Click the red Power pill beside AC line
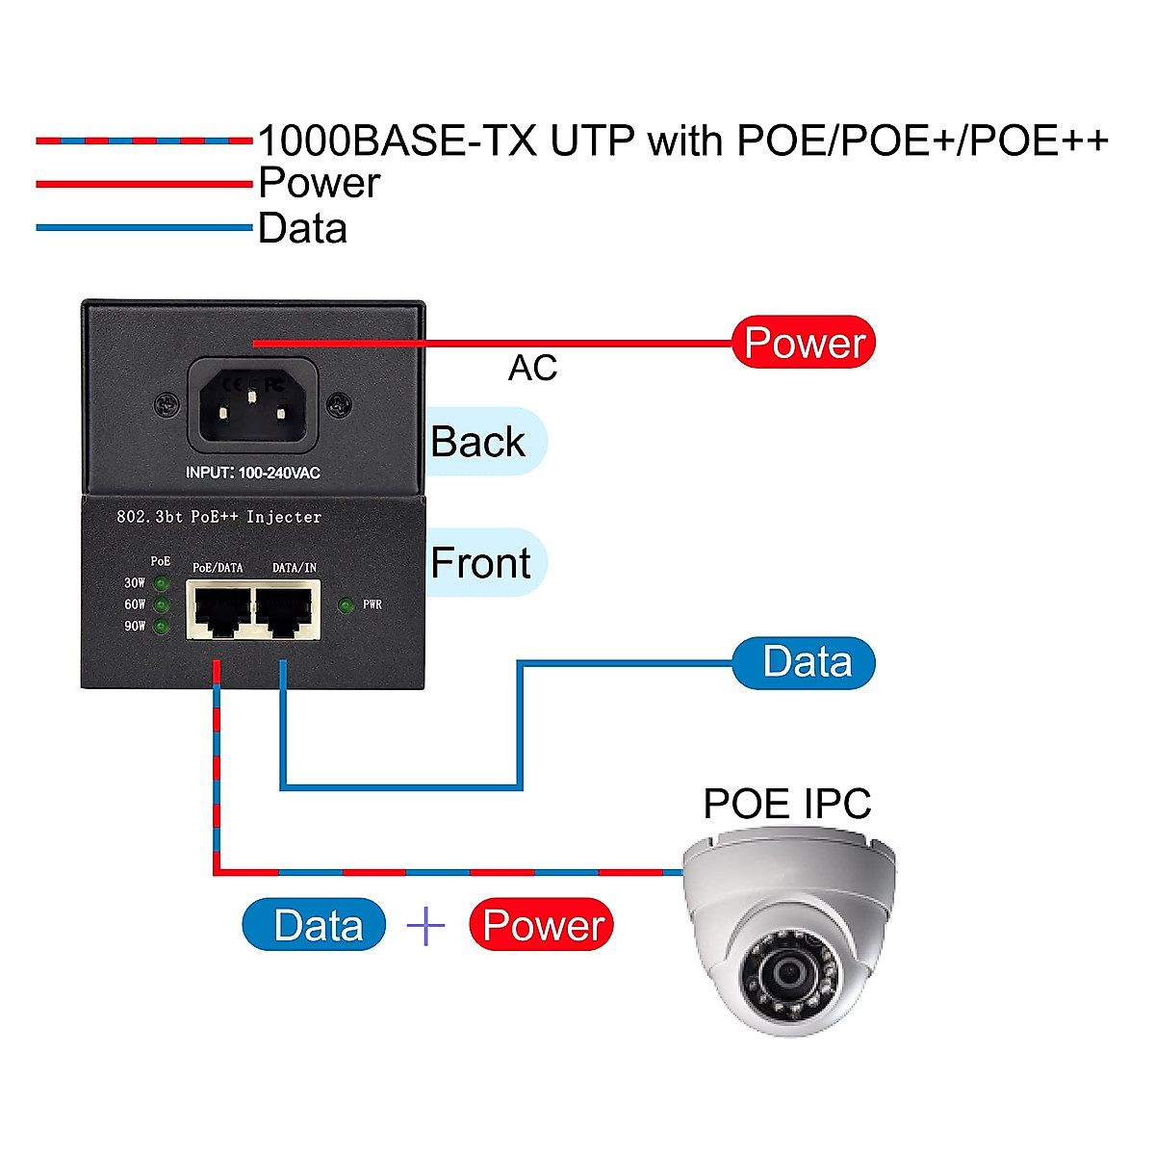pyautogui.click(x=804, y=343)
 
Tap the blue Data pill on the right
pyautogui.click(x=805, y=662)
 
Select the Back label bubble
pyautogui.click(x=481, y=442)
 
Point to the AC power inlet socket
pyautogui.click(x=252, y=404)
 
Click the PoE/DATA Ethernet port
pyautogui.click(x=220, y=610)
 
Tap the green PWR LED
pyautogui.click(x=346, y=604)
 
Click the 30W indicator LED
pyautogui.click(x=162, y=583)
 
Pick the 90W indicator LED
pyautogui.click(x=162, y=627)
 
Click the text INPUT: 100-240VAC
pyautogui.click(x=252, y=473)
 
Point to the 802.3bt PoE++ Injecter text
pyautogui.click(x=218, y=517)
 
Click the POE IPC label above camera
pyautogui.click(x=786, y=804)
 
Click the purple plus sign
pyautogui.click(x=425, y=925)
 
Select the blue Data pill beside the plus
pyautogui.click(x=315, y=925)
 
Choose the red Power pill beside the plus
pyautogui.click(x=541, y=925)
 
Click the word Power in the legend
pyautogui.click(x=319, y=183)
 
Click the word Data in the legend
pyautogui.click(x=302, y=228)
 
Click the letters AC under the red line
pyautogui.click(x=532, y=368)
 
